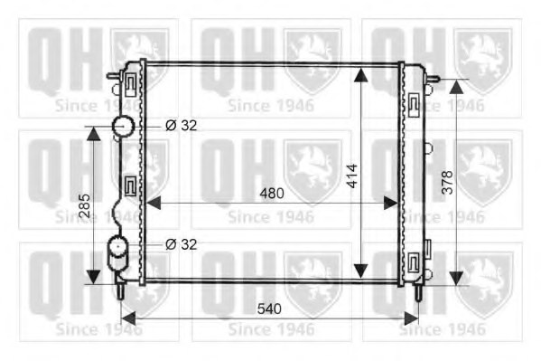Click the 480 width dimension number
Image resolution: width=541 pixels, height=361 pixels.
click(x=272, y=194)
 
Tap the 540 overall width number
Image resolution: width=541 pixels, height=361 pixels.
click(x=269, y=309)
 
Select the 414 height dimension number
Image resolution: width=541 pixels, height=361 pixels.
click(x=352, y=176)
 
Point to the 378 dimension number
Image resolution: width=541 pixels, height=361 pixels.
click(x=447, y=182)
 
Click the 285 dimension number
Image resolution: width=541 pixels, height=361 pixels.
click(x=85, y=205)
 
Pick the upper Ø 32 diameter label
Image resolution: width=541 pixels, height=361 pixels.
click(x=182, y=125)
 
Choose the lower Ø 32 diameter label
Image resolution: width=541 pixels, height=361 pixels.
click(x=182, y=244)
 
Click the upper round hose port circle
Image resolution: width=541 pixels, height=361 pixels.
click(x=123, y=126)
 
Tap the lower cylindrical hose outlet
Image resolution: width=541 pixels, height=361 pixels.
click(x=118, y=253)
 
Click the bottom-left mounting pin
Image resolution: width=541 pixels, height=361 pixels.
click(x=120, y=290)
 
